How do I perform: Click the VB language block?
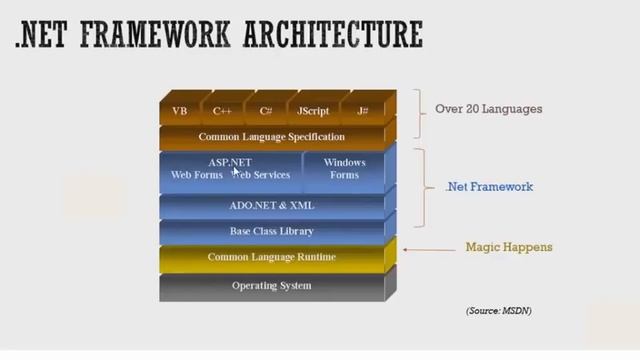pos(180,110)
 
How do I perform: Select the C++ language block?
pos(223,110)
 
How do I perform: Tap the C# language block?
pos(266,110)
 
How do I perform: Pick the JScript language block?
pos(313,110)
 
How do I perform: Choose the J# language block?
pos(361,110)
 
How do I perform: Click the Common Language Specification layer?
pos(271,136)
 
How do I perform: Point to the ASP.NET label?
pos(230,162)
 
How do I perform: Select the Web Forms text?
pos(196,175)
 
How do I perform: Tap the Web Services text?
pos(262,175)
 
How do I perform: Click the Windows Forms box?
pos(344,169)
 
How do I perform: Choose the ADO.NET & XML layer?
pos(271,205)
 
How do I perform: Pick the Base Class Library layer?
pos(271,231)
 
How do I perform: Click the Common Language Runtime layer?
pos(271,257)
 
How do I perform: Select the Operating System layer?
pos(271,286)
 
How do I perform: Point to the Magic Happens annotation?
pos(509,247)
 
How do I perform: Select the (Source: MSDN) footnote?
pos(498,311)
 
